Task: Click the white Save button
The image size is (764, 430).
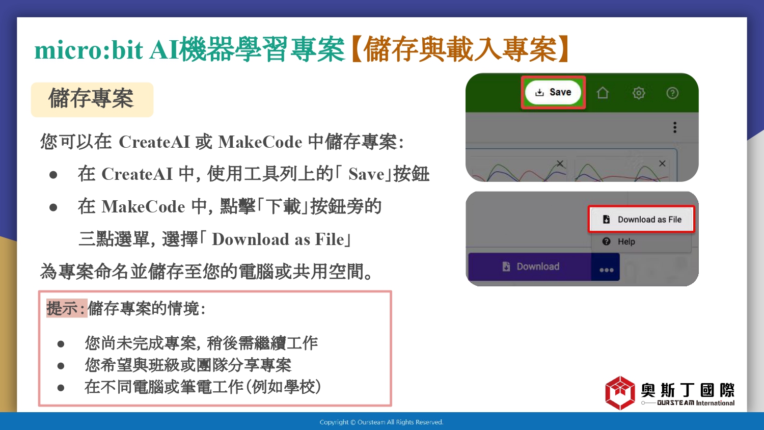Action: [x=553, y=93]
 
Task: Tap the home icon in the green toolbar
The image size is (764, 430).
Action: [x=603, y=93]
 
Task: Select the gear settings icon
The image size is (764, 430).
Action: [x=639, y=93]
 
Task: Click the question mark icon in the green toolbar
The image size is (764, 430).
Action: [x=672, y=93]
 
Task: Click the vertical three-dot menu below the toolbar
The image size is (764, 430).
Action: [x=675, y=127]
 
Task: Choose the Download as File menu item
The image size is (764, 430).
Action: [x=641, y=220]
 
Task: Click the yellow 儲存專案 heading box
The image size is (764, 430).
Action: [x=92, y=100]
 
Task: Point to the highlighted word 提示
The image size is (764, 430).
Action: [x=63, y=308]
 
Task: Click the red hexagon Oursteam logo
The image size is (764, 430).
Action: [x=620, y=393]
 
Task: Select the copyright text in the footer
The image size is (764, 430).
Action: [x=381, y=422]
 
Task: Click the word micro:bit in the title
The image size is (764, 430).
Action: [x=89, y=50]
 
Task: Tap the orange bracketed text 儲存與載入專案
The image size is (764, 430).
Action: [x=459, y=49]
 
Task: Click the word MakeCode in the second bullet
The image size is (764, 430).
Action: [x=143, y=207]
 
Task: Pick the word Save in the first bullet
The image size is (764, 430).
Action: [x=366, y=174]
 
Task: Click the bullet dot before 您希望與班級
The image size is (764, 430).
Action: [x=61, y=366]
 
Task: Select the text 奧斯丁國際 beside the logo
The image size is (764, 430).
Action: [x=687, y=390]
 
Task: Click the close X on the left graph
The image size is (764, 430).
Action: [x=560, y=164]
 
